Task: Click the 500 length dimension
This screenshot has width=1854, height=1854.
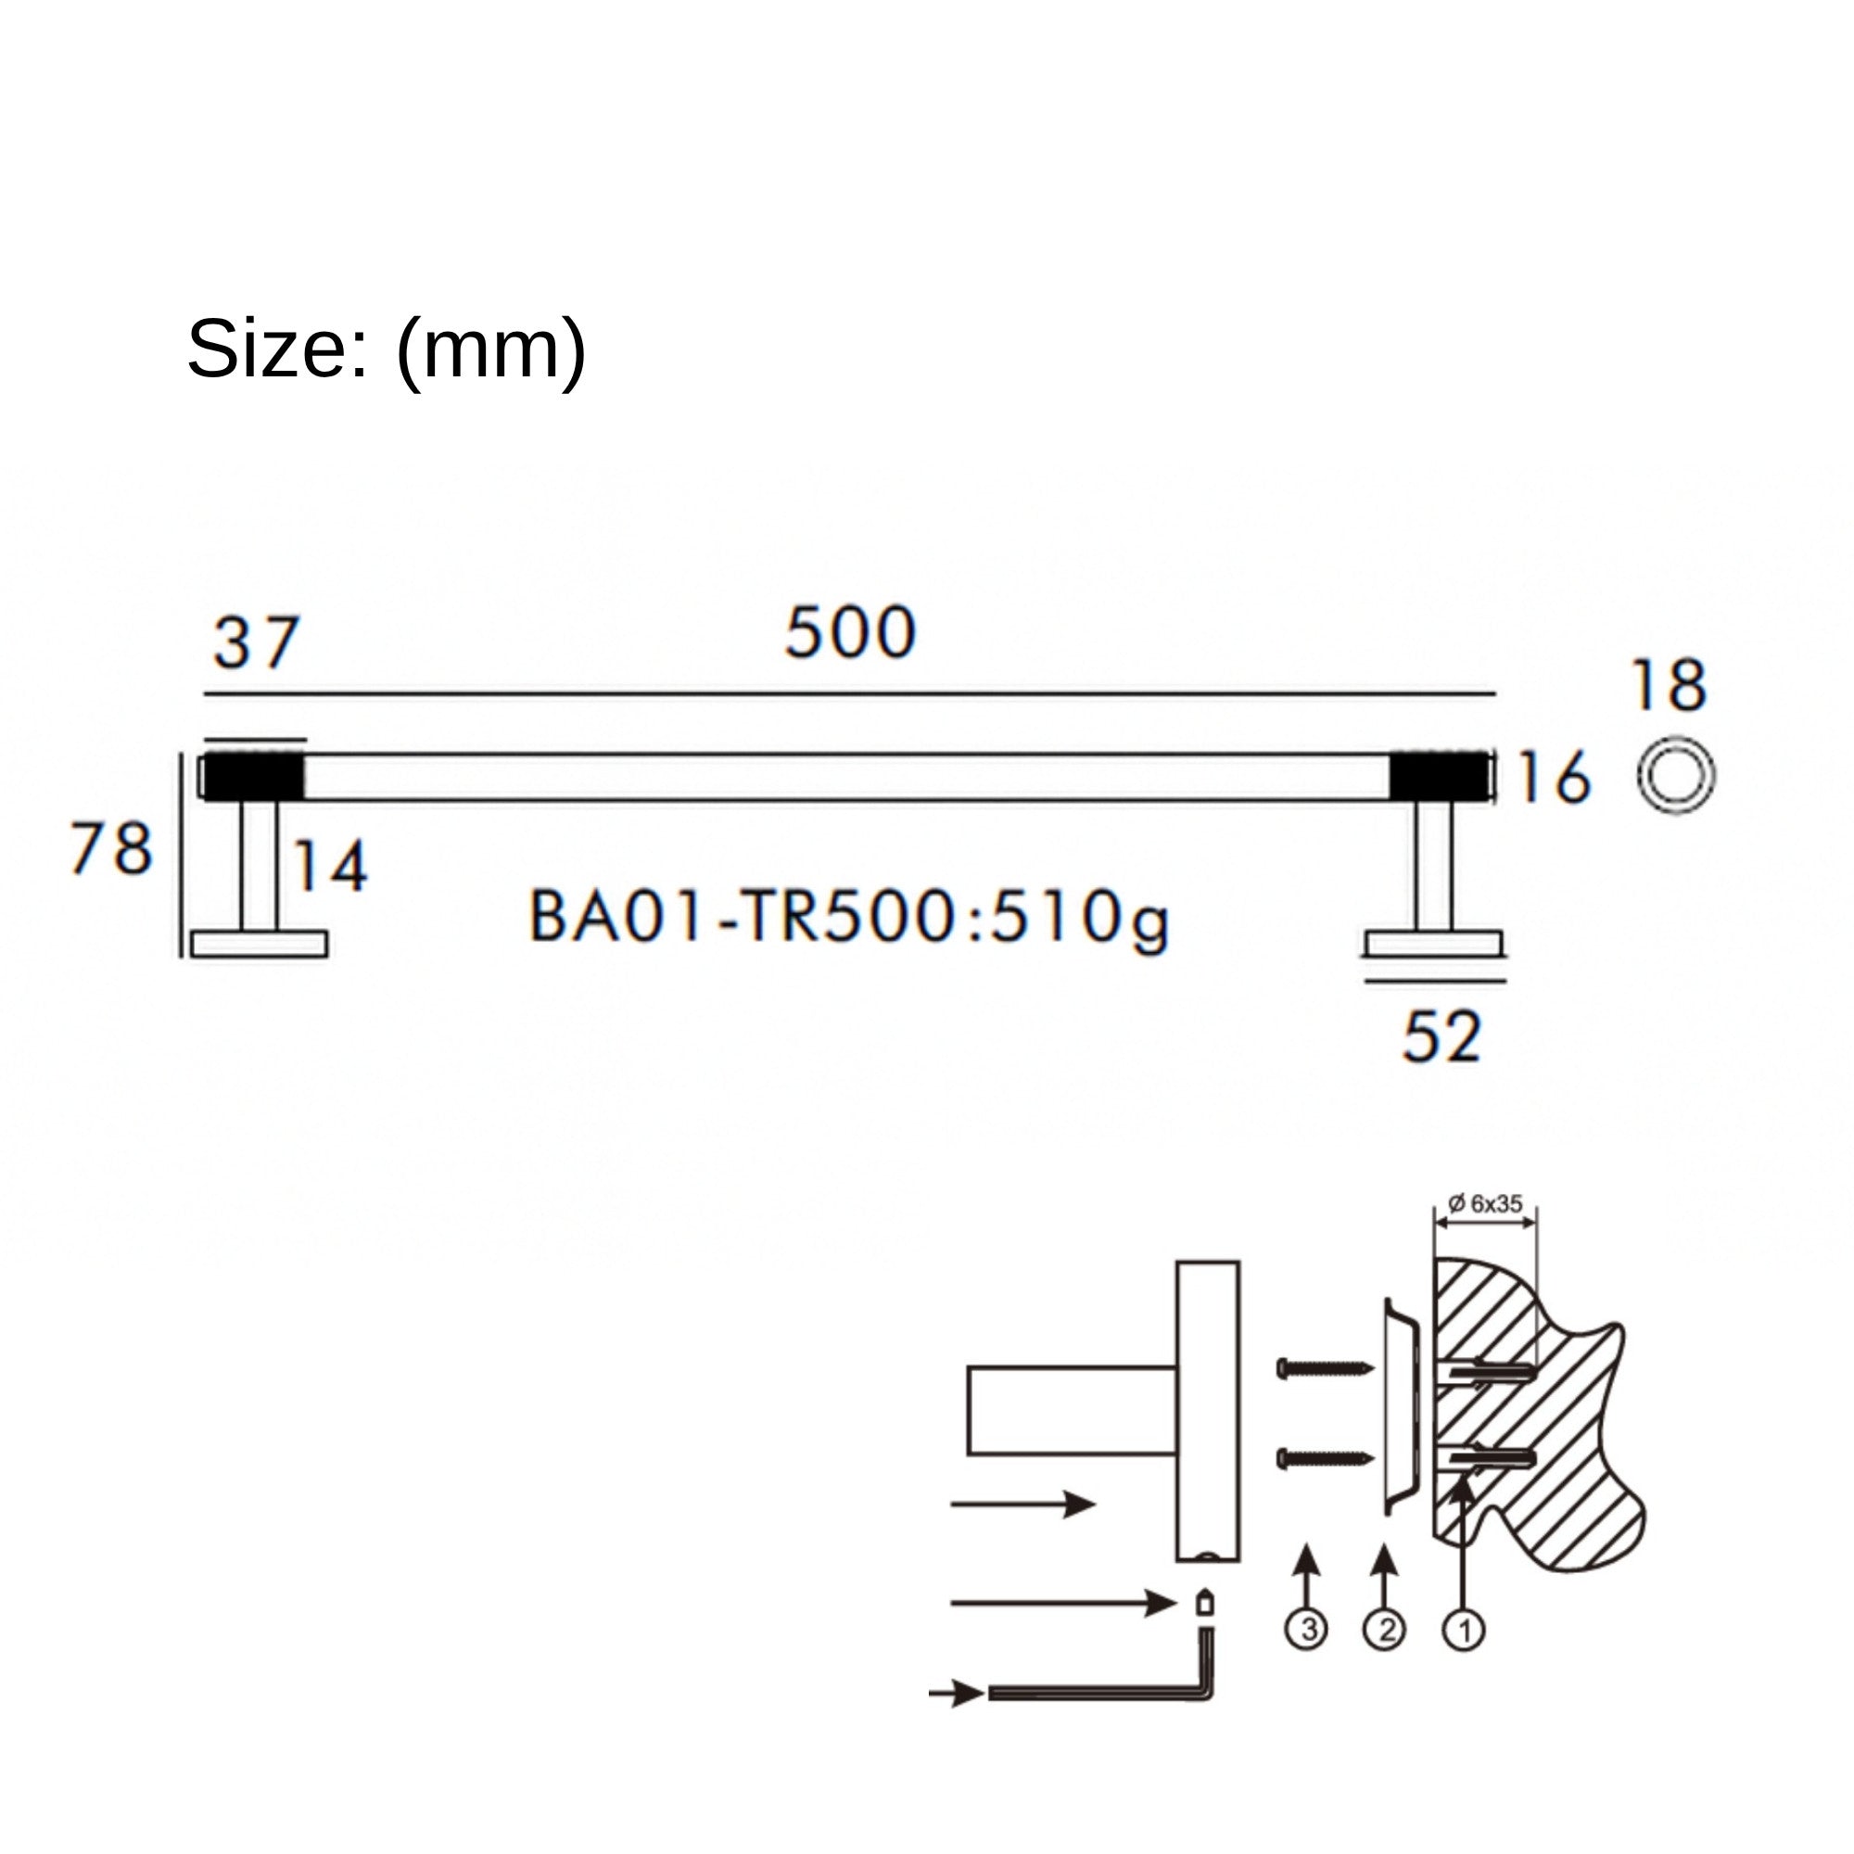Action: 850,633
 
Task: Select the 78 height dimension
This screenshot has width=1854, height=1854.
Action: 111,848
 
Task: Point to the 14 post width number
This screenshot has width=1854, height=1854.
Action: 328,866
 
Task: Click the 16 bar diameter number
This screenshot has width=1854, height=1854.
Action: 1554,776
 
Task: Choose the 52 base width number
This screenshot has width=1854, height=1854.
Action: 1441,1036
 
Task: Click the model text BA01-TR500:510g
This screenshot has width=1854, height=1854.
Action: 849,919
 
